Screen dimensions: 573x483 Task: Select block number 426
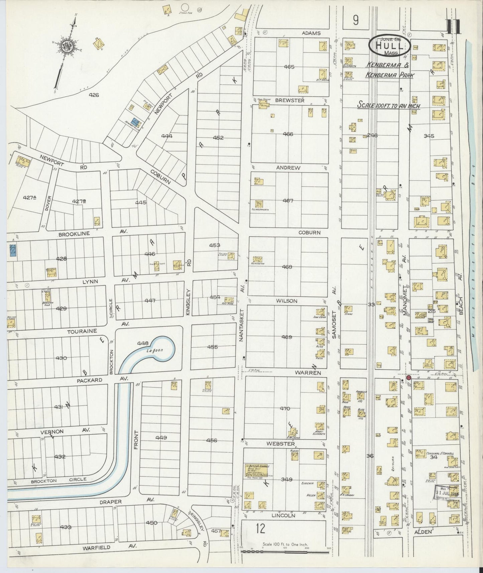(x=94, y=95)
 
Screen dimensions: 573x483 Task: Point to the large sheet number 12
(x=260, y=529)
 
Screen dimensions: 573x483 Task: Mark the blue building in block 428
(x=13, y=250)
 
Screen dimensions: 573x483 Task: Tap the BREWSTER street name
(x=289, y=100)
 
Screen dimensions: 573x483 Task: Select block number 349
(x=286, y=479)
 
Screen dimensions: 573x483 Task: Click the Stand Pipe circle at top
(x=185, y=7)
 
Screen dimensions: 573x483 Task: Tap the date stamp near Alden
(x=448, y=492)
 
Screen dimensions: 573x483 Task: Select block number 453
(x=215, y=245)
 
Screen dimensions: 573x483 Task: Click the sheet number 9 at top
(x=355, y=21)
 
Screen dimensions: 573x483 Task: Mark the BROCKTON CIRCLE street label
(x=58, y=480)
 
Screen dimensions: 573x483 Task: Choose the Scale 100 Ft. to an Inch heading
(x=388, y=105)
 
